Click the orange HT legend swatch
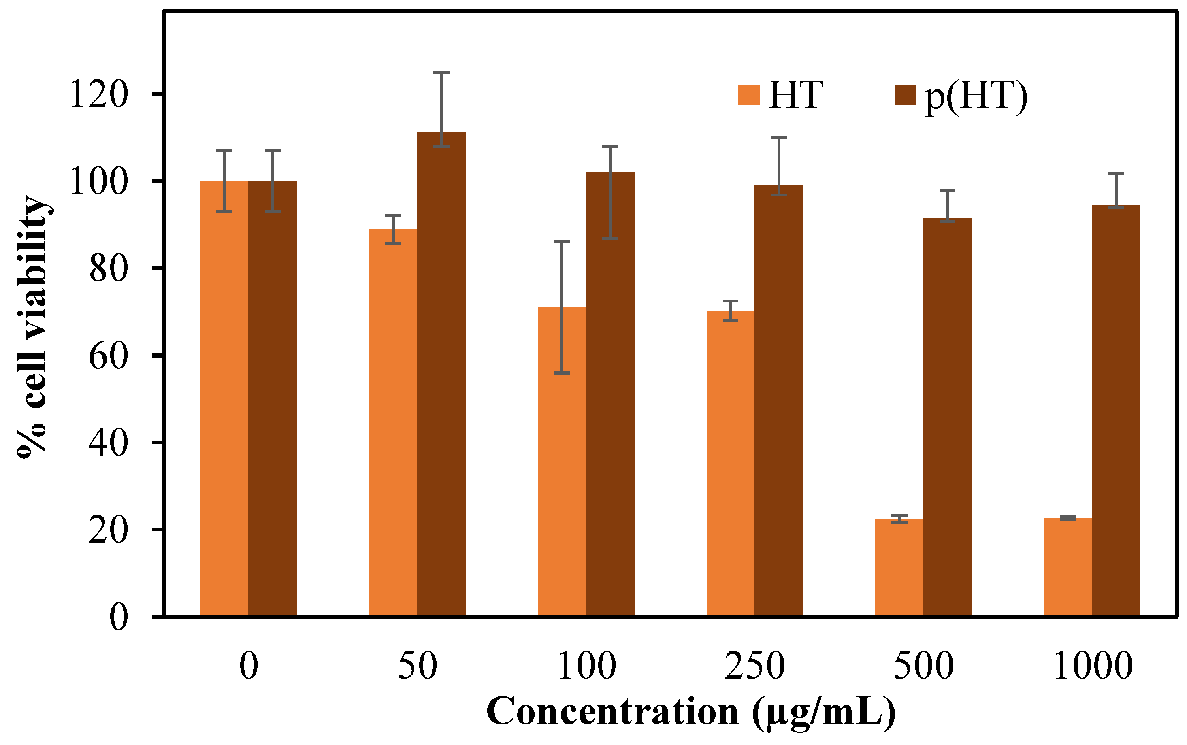(x=748, y=95)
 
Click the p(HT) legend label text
(x=976, y=96)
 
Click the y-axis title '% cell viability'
(x=32, y=328)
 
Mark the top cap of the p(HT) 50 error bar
(x=441, y=72)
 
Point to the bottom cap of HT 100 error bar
(x=562, y=373)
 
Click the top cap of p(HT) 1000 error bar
(x=1116, y=174)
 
